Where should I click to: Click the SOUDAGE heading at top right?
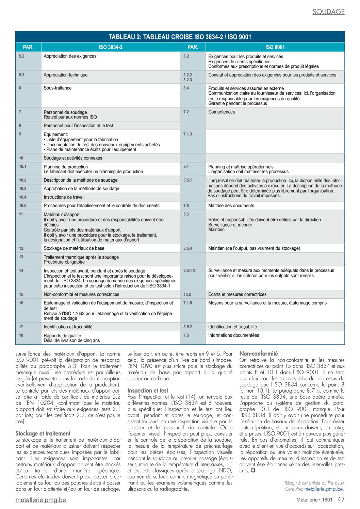[x=328, y=12]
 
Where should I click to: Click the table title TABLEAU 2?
[x=180, y=37]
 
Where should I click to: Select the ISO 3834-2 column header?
[x=111, y=47]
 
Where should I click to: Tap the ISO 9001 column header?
[x=275, y=47]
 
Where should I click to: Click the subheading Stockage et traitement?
[x=43, y=433]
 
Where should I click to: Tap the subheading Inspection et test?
[x=148, y=391]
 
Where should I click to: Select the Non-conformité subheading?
[x=259, y=354]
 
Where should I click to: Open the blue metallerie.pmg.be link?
[x=324, y=489]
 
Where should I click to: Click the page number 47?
[x=341, y=499]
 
